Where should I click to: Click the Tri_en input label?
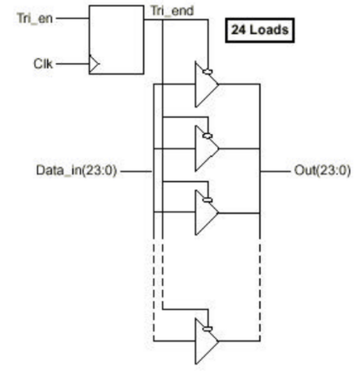pos(35,19)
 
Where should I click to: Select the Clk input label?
pos(43,64)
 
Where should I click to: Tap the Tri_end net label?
pos(172,11)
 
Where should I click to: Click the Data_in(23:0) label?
pos(77,171)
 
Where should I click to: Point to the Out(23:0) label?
pos(322,171)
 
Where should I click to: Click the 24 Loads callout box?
pos(260,30)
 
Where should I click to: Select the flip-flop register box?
pos(116,40)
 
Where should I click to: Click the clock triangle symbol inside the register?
pos(94,64)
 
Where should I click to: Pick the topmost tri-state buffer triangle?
pos(206,85)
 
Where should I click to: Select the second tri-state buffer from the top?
pos(206,149)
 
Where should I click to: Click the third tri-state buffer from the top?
pos(206,213)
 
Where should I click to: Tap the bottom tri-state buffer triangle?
pos(206,341)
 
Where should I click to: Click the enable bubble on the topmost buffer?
pos(207,72)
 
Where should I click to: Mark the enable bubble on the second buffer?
pos(207,136)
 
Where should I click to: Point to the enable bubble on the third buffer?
pos(207,200)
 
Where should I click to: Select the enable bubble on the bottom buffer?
pos(207,329)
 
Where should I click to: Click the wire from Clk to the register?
pos(73,64)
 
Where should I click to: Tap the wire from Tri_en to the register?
pos(73,19)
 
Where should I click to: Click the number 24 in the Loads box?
pos(238,30)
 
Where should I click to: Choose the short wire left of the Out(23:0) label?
pos(275,172)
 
